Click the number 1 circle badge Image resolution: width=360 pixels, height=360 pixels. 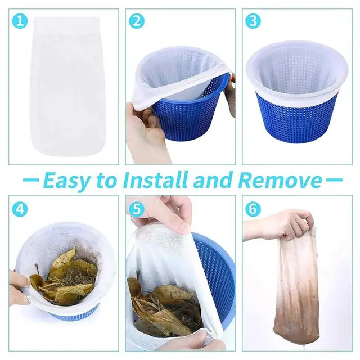point(20,22)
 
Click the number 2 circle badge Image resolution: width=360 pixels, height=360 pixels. point(137,22)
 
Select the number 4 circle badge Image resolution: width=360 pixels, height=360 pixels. point(20,209)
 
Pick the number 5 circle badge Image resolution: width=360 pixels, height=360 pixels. point(137,209)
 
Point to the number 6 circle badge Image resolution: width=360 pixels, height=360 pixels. point(253,209)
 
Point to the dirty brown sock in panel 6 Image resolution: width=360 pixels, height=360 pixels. point(296,292)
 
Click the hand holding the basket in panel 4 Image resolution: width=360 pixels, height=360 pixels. point(18,287)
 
